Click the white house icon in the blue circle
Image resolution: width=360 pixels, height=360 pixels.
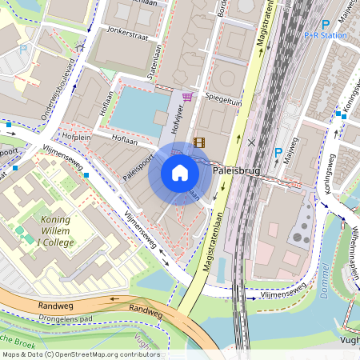click(180, 173)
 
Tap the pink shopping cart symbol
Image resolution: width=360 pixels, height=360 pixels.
click(188, 97)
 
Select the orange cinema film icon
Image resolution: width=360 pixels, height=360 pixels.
click(198, 143)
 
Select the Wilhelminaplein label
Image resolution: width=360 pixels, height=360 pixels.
click(351, 240)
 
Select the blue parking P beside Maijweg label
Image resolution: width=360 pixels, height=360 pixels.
click(278, 152)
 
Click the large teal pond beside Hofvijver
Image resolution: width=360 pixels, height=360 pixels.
click(141, 110)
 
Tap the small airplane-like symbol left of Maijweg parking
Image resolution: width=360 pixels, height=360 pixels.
click(253, 142)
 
